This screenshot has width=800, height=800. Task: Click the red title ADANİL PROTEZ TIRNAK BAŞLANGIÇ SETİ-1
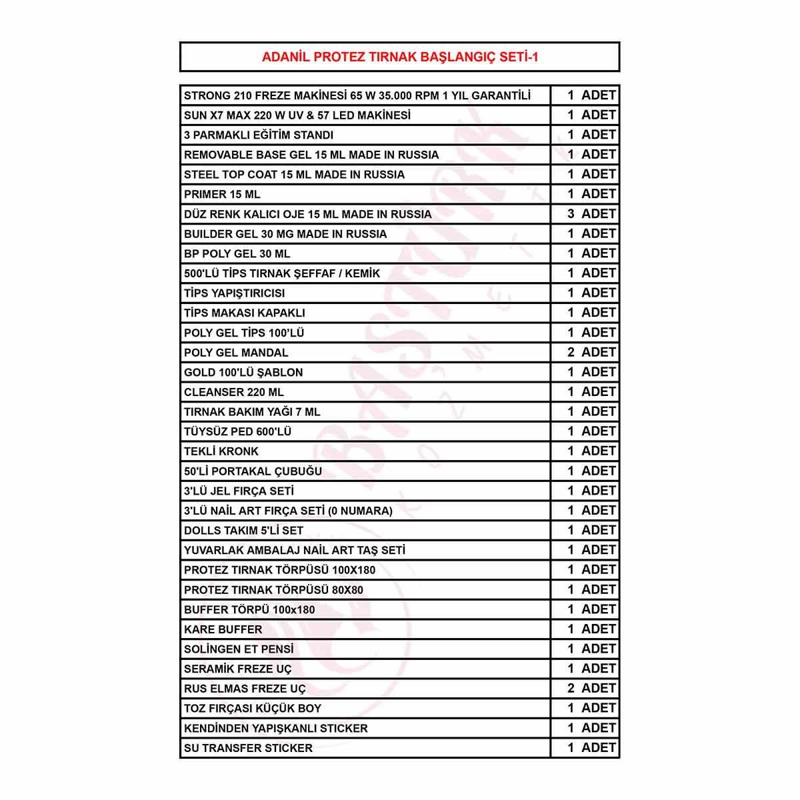pos(400,57)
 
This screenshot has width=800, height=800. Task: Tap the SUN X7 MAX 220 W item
pos(297,115)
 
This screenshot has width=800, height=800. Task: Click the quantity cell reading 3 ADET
pos(585,214)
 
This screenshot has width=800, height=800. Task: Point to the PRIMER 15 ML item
pos(222,195)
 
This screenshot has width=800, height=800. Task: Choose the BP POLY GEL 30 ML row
pos(237,254)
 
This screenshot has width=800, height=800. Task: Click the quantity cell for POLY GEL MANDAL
pos(585,353)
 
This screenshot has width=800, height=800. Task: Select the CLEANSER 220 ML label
pos(234,392)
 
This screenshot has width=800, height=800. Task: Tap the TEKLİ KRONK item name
pos(221,451)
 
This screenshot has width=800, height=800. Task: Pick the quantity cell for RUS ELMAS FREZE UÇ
pos(585,689)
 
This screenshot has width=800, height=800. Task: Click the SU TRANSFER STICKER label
pos(248,748)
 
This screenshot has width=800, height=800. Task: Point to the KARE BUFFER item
pos(223,629)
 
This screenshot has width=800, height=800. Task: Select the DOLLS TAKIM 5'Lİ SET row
pos(243,531)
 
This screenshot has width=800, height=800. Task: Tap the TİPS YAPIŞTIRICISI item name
pos(235,293)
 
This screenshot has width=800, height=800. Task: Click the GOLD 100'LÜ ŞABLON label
pos(243,373)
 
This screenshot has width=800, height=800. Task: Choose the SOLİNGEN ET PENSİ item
pos(239,649)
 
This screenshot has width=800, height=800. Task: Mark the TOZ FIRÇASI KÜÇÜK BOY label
pos(253,709)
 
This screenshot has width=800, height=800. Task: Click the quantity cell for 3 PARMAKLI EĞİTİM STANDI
pos(585,135)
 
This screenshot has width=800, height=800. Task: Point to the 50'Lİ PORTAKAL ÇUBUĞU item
pos(253,471)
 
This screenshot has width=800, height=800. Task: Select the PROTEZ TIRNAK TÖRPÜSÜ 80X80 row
pos(273,590)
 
